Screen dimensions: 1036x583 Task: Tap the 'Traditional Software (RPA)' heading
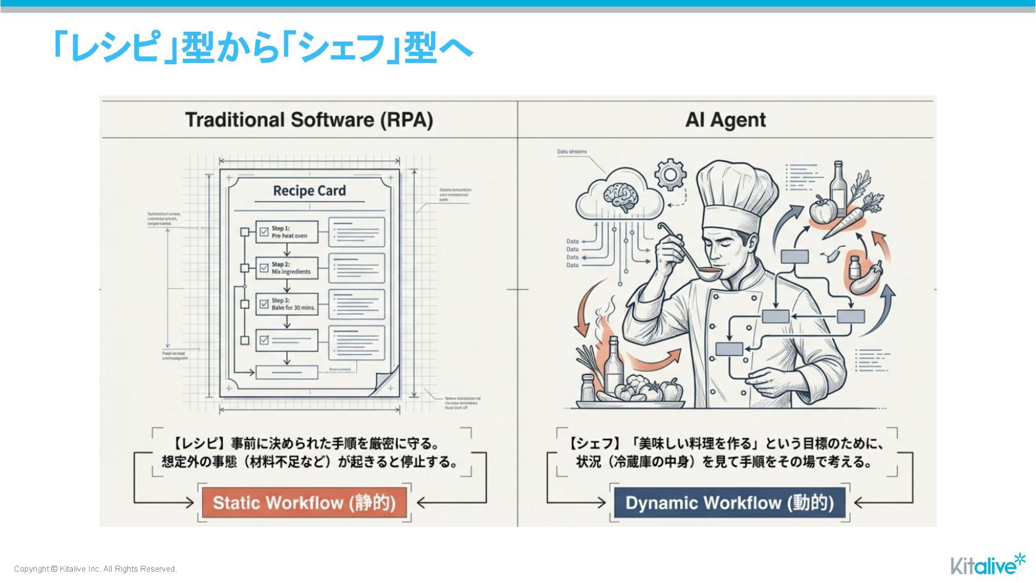point(309,120)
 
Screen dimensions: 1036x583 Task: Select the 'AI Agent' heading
point(725,120)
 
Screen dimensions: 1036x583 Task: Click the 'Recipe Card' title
point(309,191)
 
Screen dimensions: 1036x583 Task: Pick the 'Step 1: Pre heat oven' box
point(287,232)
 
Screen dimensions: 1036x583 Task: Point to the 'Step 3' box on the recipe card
point(287,304)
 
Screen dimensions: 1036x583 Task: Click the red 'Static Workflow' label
point(304,503)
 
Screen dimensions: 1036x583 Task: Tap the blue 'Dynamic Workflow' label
point(730,503)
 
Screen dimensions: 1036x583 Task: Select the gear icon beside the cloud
point(670,174)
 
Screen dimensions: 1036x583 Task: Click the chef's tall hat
point(736,194)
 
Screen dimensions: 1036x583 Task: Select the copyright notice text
point(96,569)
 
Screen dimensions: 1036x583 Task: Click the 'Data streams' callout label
point(571,152)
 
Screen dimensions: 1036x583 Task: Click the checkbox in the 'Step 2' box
point(264,268)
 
